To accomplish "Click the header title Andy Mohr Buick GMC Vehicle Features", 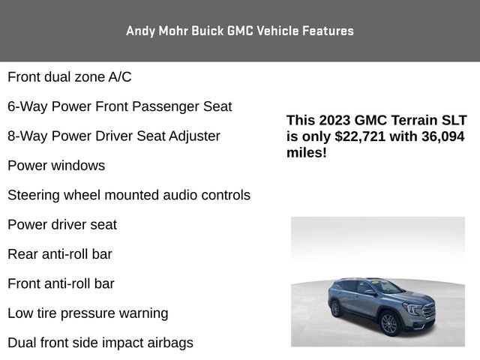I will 240,31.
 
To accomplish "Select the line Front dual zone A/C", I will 70,76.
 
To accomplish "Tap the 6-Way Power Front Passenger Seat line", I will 120,106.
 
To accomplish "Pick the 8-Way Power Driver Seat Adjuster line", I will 114,136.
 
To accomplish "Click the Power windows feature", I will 56,165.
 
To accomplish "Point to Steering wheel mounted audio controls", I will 129,195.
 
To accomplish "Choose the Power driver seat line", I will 62,224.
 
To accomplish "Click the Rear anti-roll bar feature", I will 60,253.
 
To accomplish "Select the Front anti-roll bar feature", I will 61,283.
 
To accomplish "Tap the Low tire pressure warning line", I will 88,313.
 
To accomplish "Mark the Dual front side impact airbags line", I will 100,343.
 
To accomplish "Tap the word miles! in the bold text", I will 307,152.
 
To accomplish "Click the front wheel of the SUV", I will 388,323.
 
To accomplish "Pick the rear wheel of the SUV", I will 335,308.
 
